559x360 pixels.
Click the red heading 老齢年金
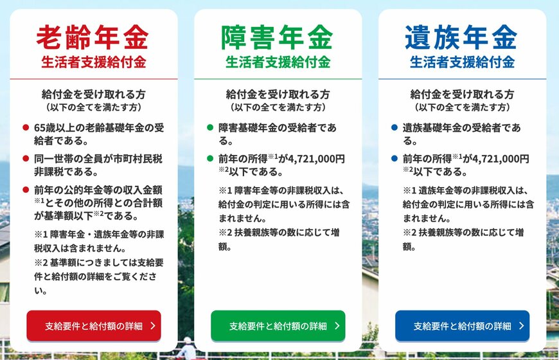(x=92, y=37)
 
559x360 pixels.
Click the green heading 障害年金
(x=277, y=37)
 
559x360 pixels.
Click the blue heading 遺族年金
(x=461, y=37)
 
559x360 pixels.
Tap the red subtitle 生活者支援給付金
(x=93, y=62)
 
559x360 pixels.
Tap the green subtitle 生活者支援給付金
(x=278, y=62)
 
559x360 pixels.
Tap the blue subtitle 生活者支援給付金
(x=462, y=62)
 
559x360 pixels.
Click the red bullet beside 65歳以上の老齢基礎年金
(x=26, y=128)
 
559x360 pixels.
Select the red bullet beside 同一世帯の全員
(x=26, y=159)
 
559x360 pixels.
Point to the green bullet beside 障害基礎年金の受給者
(x=210, y=128)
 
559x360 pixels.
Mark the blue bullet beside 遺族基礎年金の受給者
(x=395, y=128)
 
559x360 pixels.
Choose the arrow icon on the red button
(x=152, y=326)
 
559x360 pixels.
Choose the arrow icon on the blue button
(x=521, y=326)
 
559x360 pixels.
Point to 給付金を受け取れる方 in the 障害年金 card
(x=278, y=94)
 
